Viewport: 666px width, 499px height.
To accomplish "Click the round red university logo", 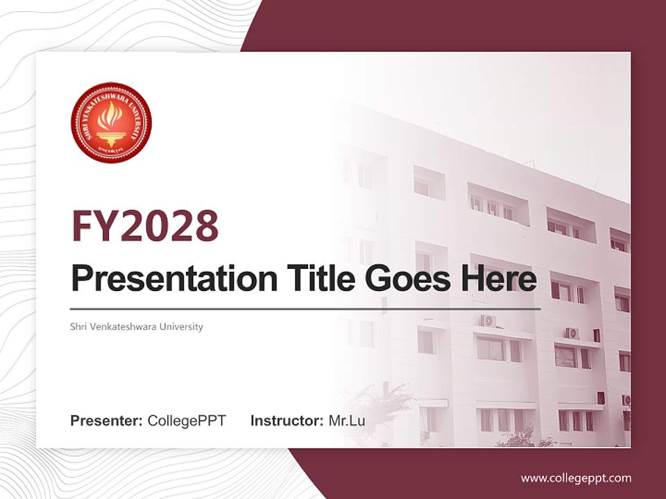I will [111, 123].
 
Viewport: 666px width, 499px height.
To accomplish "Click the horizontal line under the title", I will [305, 308].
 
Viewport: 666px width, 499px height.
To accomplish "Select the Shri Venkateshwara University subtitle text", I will [137, 326].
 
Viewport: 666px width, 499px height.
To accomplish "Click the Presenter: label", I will [107, 421].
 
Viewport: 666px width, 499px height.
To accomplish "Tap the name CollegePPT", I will [187, 421].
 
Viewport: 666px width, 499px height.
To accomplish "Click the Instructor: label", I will [287, 421].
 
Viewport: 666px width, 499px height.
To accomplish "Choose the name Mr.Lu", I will [347, 421].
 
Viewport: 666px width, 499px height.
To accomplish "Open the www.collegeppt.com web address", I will [576, 478].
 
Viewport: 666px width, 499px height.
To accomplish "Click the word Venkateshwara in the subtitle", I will [123, 326].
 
